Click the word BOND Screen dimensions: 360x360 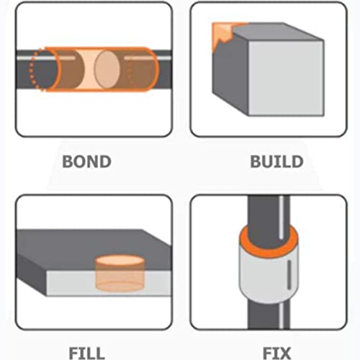pos(86,160)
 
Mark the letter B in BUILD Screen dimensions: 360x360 pos(255,160)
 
